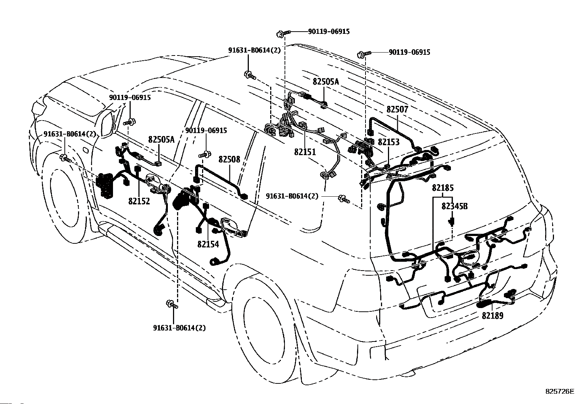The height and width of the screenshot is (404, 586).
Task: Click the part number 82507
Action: click(398, 110)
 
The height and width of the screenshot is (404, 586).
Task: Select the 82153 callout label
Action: click(388, 142)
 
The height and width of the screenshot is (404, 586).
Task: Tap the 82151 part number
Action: click(305, 152)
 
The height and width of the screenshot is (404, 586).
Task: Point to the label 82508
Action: click(229, 160)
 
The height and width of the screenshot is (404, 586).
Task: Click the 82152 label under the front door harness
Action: click(139, 201)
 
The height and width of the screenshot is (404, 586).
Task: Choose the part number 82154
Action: click(208, 244)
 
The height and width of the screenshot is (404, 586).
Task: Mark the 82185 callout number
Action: click(443, 188)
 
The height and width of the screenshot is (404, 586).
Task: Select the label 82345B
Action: click(455, 207)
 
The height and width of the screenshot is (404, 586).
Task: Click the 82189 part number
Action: click(493, 316)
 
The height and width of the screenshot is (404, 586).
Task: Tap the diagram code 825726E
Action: click(560, 391)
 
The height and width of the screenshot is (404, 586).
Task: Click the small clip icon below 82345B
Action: click(452, 222)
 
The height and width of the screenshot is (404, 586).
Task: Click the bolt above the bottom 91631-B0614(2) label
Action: click(172, 304)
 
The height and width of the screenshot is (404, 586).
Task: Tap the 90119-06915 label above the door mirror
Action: click(130, 98)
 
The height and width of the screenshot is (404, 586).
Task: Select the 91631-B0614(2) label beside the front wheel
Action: click(70, 134)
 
